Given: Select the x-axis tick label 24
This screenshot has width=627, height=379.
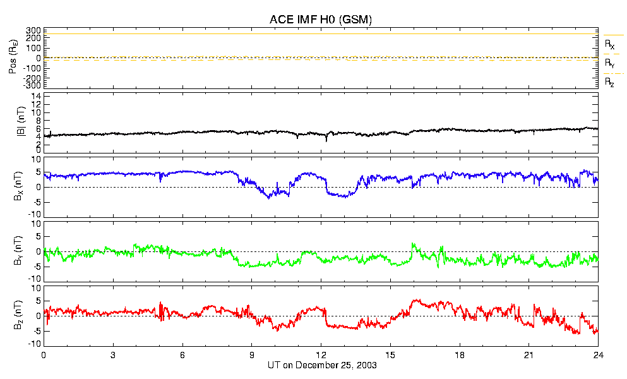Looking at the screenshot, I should pyautogui.click(x=598, y=355).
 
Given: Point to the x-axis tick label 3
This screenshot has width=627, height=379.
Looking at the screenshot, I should pyautogui.click(x=113, y=355).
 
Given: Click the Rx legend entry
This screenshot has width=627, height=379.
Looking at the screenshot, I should pyautogui.click(x=609, y=45).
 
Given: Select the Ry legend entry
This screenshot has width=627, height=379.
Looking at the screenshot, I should pyautogui.click(x=609, y=64).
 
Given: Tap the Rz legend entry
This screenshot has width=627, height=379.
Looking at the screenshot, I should pyautogui.click(x=609, y=82).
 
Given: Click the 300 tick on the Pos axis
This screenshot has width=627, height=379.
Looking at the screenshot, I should pyautogui.click(x=33, y=30).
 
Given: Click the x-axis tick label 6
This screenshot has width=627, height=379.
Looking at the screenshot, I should pyautogui.click(x=182, y=355).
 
